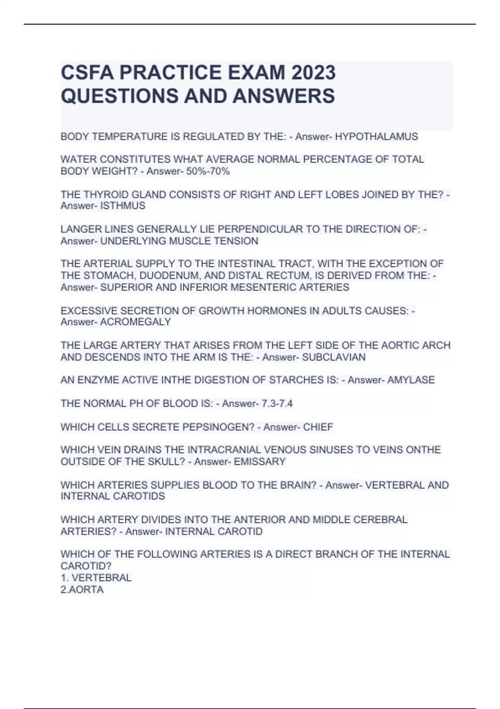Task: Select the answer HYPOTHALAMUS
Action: click(x=376, y=136)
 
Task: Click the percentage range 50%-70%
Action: click(x=209, y=171)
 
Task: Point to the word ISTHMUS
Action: click(x=123, y=206)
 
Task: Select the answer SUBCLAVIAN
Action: click(x=334, y=357)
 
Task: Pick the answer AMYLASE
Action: click(x=411, y=380)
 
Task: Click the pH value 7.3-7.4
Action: click(x=277, y=403)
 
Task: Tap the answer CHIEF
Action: click(x=318, y=427)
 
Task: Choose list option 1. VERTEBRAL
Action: click(x=96, y=578)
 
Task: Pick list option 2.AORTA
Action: click(x=82, y=590)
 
